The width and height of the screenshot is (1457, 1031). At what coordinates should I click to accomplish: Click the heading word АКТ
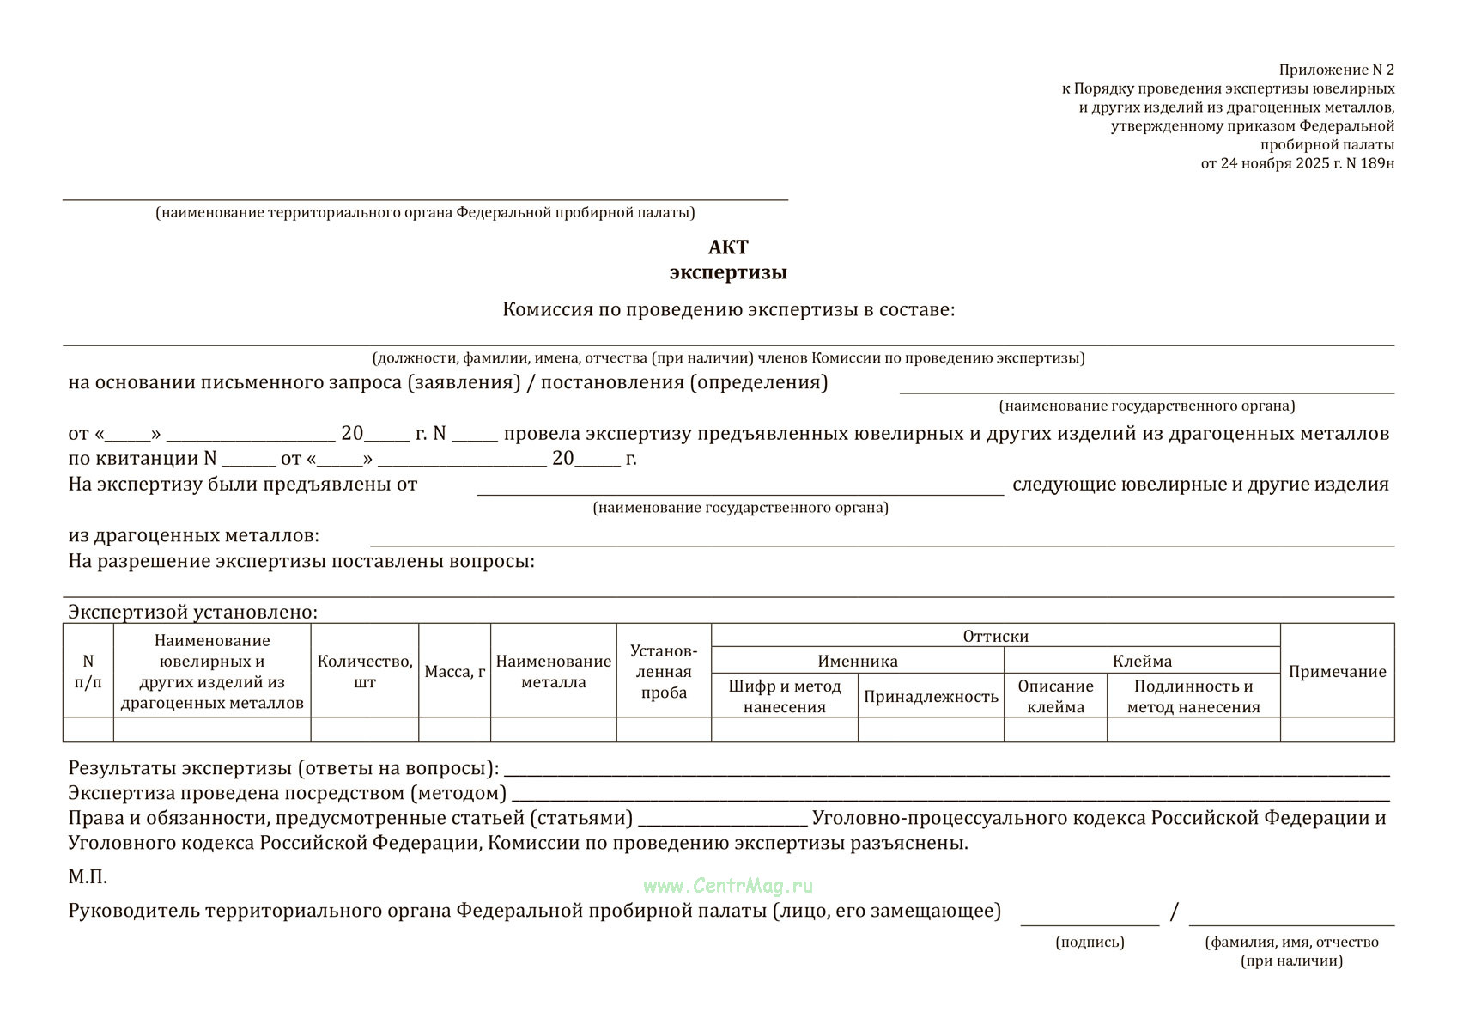(728, 247)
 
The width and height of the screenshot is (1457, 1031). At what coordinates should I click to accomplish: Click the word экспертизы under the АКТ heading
(728, 272)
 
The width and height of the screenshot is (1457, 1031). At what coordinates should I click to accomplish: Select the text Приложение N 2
(1336, 70)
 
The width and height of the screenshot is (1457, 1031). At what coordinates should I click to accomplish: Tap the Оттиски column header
(995, 636)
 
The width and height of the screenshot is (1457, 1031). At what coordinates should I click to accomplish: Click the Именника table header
(858, 661)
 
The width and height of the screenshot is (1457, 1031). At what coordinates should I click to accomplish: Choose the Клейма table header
(1142, 661)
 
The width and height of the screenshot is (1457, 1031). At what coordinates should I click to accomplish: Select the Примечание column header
(1337, 672)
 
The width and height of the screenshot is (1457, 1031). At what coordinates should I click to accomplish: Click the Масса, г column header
(455, 672)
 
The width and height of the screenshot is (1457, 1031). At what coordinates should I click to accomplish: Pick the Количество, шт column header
(365, 672)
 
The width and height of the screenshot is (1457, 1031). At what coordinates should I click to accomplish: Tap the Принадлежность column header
(931, 696)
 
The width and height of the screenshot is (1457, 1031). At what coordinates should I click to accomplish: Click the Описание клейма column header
(1055, 696)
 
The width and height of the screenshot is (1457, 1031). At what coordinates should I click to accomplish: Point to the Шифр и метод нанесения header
(785, 696)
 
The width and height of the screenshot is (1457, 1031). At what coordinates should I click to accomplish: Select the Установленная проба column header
(664, 671)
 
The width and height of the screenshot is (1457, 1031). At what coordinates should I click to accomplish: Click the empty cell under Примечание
(1337, 729)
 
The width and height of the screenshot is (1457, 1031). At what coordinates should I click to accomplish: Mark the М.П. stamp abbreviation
(88, 877)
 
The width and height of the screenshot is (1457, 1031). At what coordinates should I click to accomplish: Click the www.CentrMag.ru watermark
(728, 886)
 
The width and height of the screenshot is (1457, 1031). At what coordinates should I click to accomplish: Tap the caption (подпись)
(1090, 942)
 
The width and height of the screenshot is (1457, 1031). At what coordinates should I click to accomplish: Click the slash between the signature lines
(1174, 912)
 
